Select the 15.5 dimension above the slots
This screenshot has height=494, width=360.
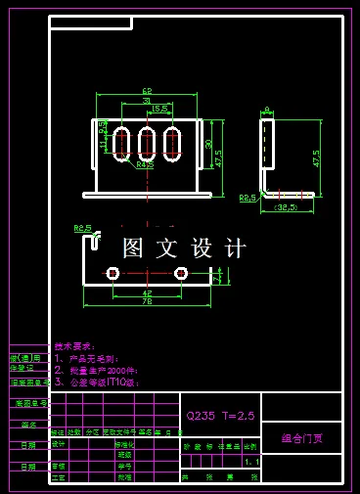pyautogui.click(x=159, y=108)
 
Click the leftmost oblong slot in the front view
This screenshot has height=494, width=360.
pyautogui.click(x=122, y=144)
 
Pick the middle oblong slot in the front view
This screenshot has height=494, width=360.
pyautogui.click(x=147, y=144)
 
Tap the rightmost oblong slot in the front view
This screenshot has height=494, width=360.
pyautogui.click(x=172, y=144)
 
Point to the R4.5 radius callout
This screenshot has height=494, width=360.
pyautogui.click(x=145, y=165)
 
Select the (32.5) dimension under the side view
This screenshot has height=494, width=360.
pyautogui.click(x=286, y=207)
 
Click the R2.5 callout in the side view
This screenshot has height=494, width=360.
pyautogui.click(x=247, y=197)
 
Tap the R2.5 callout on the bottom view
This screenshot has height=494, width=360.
pyautogui.click(x=83, y=228)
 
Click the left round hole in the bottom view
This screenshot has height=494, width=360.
pyautogui.click(x=112, y=272)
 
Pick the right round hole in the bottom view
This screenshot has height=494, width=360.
pyautogui.click(x=181, y=272)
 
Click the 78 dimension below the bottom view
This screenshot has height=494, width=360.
pyautogui.click(x=147, y=301)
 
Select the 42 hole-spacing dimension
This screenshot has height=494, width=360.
pyautogui.click(x=147, y=292)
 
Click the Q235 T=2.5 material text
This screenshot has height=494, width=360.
pyautogui.click(x=220, y=415)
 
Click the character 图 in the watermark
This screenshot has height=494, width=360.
pyautogui.click(x=133, y=248)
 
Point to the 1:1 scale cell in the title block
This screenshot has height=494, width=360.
pyautogui.click(x=251, y=461)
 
